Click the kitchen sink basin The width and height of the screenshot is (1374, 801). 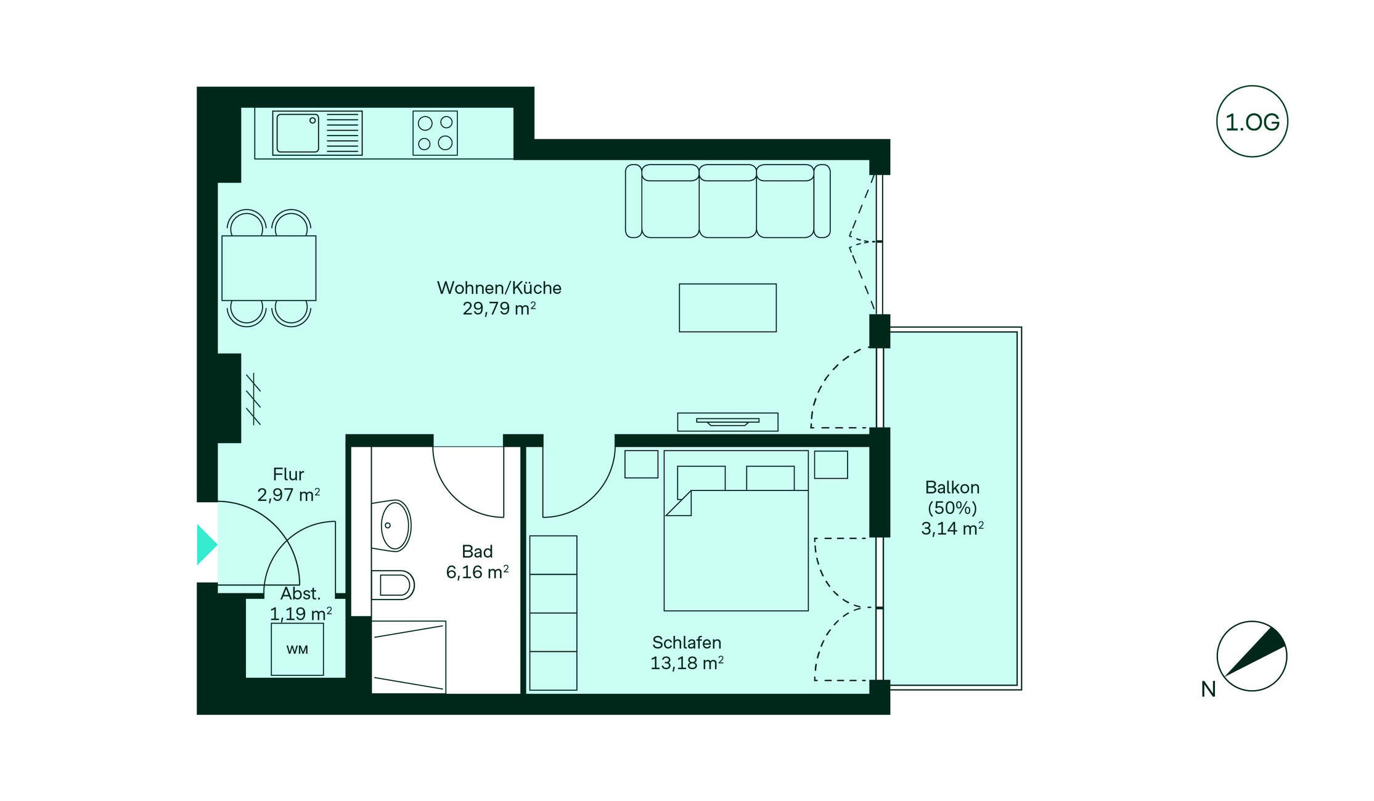click(298, 132)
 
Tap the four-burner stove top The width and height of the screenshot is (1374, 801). click(435, 132)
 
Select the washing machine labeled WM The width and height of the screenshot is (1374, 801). click(297, 649)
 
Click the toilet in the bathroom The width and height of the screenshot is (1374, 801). click(393, 585)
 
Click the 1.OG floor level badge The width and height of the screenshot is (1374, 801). click(1252, 121)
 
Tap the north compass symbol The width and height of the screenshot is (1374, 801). click(1252, 656)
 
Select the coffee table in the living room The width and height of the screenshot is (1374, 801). click(727, 307)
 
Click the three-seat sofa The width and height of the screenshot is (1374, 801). click(727, 201)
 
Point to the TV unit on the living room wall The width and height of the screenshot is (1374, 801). click(727, 421)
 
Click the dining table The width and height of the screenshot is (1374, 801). click(269, 268)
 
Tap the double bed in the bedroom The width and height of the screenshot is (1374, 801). click(736, 531)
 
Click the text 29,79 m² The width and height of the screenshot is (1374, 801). click(499, 308)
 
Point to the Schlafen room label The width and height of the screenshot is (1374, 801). click(687, 643)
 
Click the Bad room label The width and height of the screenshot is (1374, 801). click(477, 551)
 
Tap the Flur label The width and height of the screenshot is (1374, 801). click(288, 474)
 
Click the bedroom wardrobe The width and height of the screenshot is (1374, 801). click(554, 613)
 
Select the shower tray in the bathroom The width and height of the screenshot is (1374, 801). click(409, 657)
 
